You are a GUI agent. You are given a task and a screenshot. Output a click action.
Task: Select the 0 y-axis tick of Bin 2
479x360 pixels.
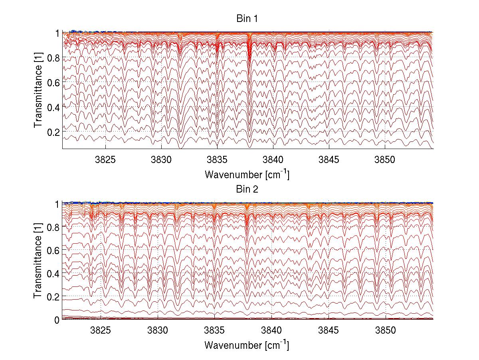(x=57, y=320)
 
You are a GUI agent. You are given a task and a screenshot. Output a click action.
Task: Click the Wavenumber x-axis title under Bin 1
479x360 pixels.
(x=247, y=175)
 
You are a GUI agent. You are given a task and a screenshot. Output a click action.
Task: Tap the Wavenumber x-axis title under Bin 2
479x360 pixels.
(x=247, y=345)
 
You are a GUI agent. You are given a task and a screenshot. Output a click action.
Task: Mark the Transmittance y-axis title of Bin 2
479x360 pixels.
(x=38, y=261)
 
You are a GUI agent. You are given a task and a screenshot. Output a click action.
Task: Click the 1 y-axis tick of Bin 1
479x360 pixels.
(x=57, y=33)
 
